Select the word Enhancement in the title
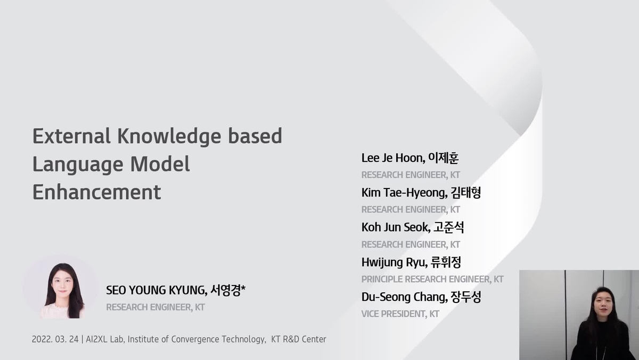(96, 192)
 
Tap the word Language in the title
(77, 164)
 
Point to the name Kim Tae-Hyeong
(404, 193)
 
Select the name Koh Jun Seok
(395, 227)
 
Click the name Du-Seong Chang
(403, 297)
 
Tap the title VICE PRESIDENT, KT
(400, 314)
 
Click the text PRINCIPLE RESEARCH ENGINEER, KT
(432, 279)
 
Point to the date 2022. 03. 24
(55, 339)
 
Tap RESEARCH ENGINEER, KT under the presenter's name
(155, 307)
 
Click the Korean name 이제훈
(444, 158)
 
